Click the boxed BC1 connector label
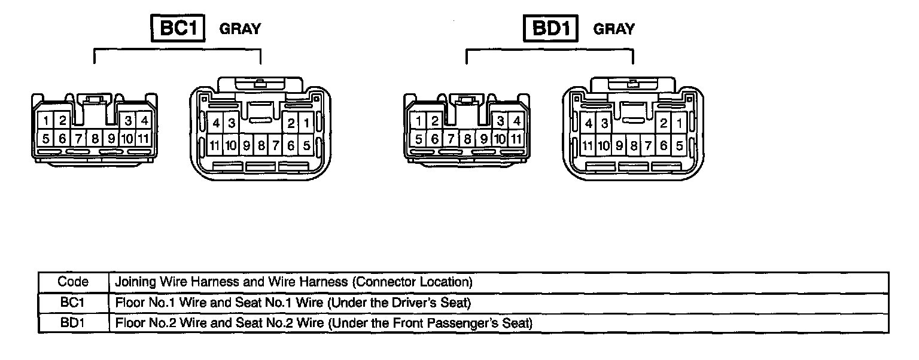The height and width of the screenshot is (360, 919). [179, 28]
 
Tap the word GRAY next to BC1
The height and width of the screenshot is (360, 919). [241, 29]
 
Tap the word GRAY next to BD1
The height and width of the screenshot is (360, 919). [614, 29]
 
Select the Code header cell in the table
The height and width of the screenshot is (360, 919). [73, 282]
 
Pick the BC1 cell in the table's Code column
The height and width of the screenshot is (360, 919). [73, 303]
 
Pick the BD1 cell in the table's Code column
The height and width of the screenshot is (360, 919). [73, 324]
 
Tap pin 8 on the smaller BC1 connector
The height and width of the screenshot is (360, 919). [95, 139]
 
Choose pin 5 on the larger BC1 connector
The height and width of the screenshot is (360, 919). [306, 145]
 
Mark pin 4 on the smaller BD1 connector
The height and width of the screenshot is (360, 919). [517, 121]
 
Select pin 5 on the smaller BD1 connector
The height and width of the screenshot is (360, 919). [419, 139]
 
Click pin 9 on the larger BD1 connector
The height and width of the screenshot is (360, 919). [619, 145]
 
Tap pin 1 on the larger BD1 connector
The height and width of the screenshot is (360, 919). [679, 124]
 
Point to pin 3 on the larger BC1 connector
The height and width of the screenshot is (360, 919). [230, 124]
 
